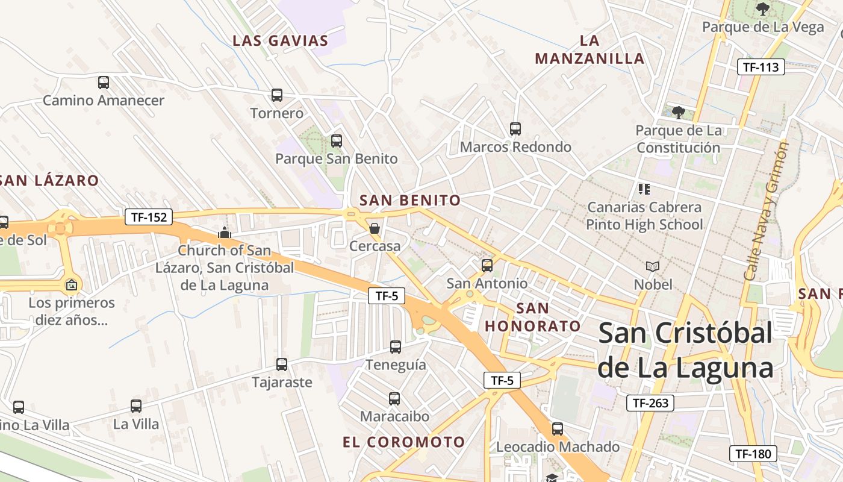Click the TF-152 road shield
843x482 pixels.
click(x=149, y=217)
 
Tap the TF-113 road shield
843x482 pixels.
click(x=761, y=67)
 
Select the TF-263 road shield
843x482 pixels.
click(x=650, y=403)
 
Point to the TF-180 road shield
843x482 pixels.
click(x=753, y=454)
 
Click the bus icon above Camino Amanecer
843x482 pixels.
click(x=104, y=83)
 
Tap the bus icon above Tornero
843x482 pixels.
click(x=276, y=95)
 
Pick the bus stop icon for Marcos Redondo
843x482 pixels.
click(x=515, y=128)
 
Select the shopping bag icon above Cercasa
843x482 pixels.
click(x=375, y=228)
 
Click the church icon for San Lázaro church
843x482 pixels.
click(x=225, y=232)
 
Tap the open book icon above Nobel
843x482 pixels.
click(x=653, y=266)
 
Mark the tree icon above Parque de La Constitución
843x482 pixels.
click(x=679, y=112)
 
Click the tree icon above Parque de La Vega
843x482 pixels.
click(x=763, y=9)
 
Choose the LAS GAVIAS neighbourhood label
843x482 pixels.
click(x=281, y=41)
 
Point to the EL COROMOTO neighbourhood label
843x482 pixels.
click(x=403, y=442)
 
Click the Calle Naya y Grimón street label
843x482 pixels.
click(x=765, y=210)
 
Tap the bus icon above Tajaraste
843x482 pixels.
click(x=282, y=364)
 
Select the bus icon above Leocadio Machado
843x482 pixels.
click(x=558, y=429)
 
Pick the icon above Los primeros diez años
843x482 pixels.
click(x=72, y=284)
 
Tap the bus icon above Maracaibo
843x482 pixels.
click(x=394, y=398)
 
